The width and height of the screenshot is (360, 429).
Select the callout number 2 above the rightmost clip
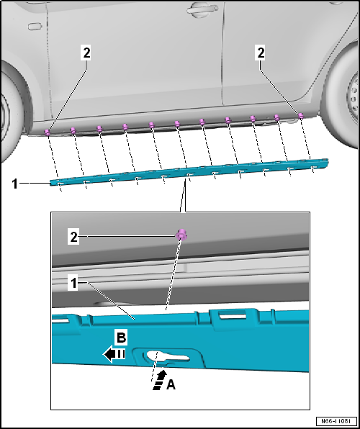coord(261,52)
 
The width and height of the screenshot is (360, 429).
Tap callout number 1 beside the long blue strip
coord(16,184)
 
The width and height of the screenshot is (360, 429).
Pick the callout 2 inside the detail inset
coord(73,235)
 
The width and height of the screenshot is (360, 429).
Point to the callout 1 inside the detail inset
coord(73,286)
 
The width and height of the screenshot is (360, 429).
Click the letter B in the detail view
coord(122,338)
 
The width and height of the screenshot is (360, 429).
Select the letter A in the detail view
coord(170,385)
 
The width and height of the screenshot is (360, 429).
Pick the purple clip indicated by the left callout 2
coord(48,132)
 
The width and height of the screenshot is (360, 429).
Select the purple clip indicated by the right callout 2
coord(301,115)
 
